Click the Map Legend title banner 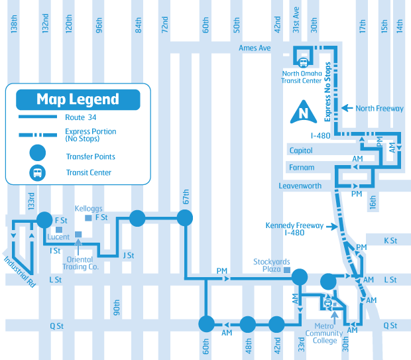[78, 99]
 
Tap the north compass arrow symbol [304, 112]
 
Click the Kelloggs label [89, 208]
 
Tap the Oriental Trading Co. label [81, 263]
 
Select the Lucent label [58, 237]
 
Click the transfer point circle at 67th [185, 217]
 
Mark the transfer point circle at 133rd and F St [44, 218]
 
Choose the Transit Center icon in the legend [38, 173]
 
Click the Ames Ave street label [255, 48]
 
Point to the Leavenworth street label [300, 186]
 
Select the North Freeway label [379, 108]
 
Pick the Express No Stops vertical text [327, 93]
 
